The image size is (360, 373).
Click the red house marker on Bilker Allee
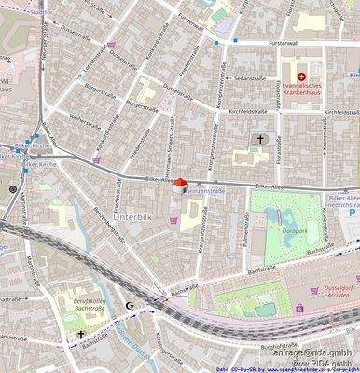tap(181, 185)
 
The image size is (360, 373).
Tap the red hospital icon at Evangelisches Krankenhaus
tap(301, 76)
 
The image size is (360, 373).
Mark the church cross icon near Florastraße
tap(261, 140)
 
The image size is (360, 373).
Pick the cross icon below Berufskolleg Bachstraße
tap(81, 334)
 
